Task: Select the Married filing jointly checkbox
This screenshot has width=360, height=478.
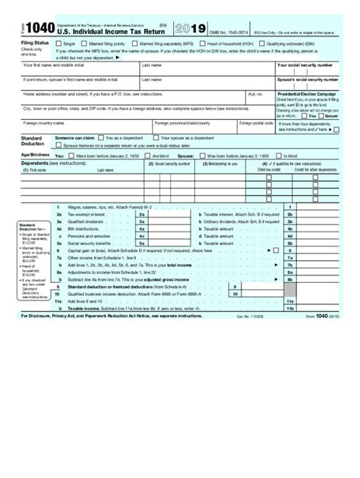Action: pos(88,44)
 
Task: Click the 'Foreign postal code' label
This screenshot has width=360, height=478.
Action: pos(256,122)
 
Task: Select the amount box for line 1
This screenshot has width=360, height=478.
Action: pos(319,206)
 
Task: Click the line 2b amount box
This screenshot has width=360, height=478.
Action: pos(319,214)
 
